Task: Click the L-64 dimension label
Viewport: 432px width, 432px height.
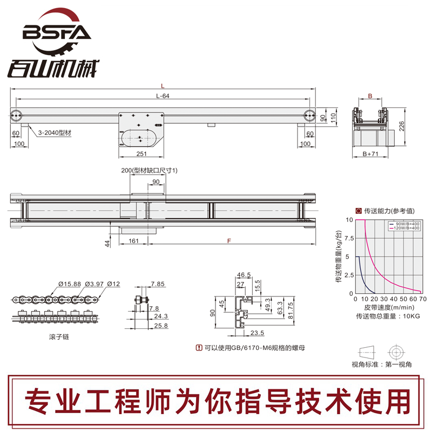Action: point(163,96)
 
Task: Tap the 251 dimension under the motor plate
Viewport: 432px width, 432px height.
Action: point(142,154)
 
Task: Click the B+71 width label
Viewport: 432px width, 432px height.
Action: point(370,154)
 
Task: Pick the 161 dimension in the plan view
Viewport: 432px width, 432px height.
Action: point(134,241)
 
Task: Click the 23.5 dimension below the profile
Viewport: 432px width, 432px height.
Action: point(256,333)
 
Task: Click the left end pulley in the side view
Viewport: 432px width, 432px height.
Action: point(16,114)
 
